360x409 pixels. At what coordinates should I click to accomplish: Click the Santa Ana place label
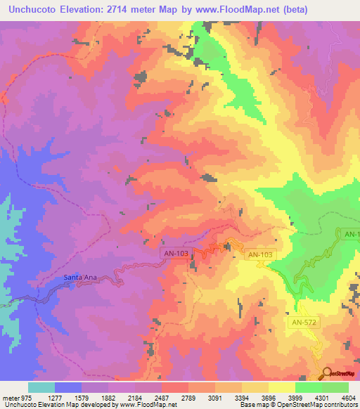[79, 277]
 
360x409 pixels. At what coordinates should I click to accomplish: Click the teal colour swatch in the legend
[41, 387]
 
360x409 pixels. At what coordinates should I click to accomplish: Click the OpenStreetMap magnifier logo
[326, 373]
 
